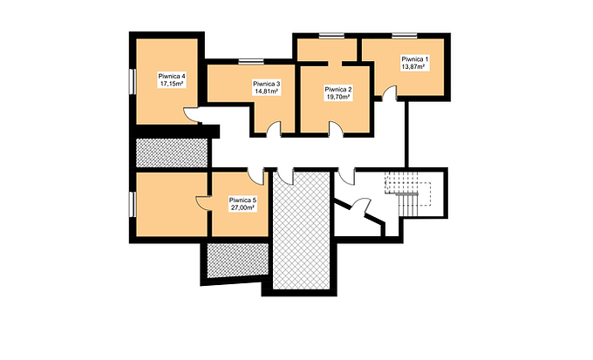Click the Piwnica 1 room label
point(415,59)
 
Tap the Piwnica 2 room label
point(338,90)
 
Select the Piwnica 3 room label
point(266,84)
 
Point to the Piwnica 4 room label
point(172,77)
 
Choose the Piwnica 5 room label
point(242,200)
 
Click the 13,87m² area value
point(412,66)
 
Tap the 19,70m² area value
point(337,97)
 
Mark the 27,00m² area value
point(242,207)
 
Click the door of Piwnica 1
point(389,94)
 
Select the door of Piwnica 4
point(191,115)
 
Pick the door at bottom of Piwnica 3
point(274,129)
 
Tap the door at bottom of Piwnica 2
point(336,129)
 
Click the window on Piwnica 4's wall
point(133,81)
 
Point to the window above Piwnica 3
point(251,62)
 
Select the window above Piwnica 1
point(405,36)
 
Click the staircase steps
point(409,205)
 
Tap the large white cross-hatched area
point(301,231)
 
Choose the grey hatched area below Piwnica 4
point(172,153)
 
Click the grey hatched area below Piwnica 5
point(238,261)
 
